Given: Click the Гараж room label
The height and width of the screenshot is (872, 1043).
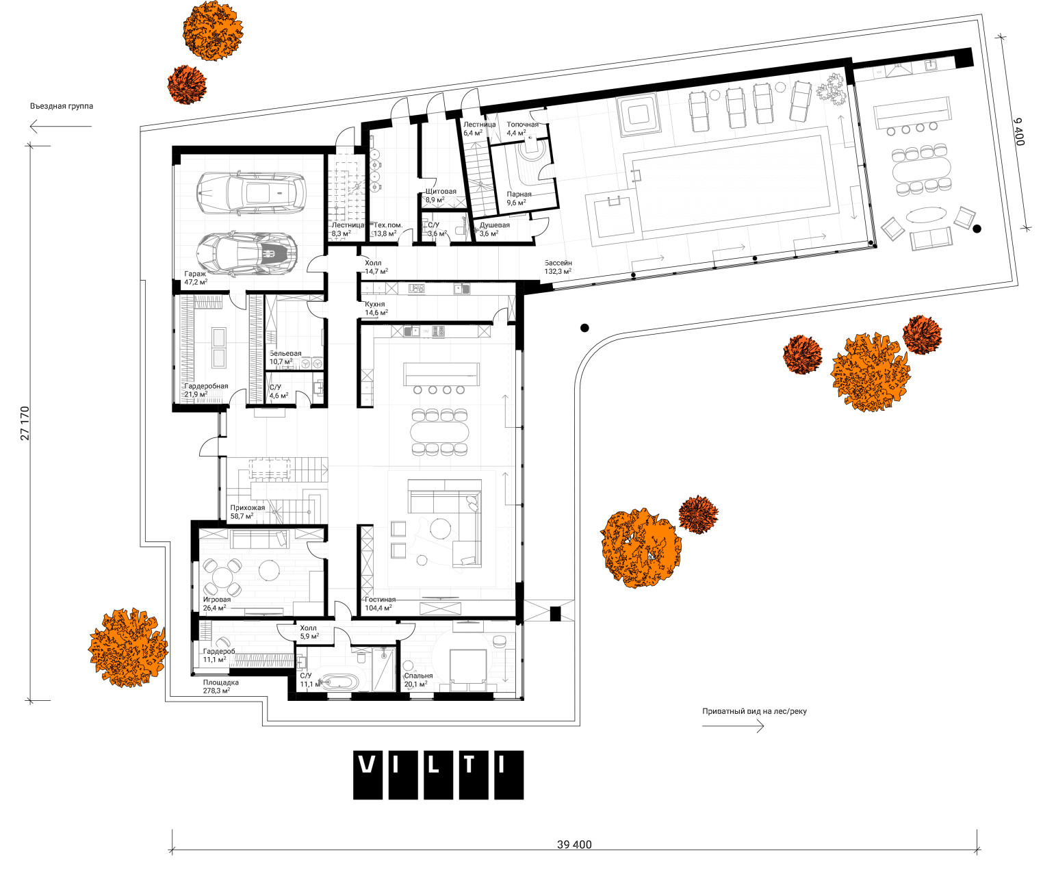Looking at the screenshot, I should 195,273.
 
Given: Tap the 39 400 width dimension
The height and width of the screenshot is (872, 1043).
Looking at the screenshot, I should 574,844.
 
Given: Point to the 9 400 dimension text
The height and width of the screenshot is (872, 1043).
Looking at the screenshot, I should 1019,131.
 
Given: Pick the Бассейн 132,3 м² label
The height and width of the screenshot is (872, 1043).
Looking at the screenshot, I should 558,267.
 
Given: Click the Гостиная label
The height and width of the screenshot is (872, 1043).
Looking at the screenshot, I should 380,600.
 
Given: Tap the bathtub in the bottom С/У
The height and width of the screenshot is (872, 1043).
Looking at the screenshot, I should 339,681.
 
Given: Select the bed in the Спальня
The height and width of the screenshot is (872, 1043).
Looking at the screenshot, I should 468,667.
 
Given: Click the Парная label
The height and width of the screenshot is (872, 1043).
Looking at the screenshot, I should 519,194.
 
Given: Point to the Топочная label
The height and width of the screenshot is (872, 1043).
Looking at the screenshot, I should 522,125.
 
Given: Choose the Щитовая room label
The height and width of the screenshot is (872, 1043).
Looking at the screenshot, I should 441,192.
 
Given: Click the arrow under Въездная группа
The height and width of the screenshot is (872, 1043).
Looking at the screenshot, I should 51,126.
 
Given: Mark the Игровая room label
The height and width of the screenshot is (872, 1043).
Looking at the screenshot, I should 216,600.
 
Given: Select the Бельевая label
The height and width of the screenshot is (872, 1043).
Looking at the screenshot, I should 285,354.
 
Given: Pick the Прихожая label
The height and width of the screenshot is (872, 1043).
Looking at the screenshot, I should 247,508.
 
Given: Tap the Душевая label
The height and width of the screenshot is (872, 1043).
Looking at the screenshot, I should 494,225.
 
